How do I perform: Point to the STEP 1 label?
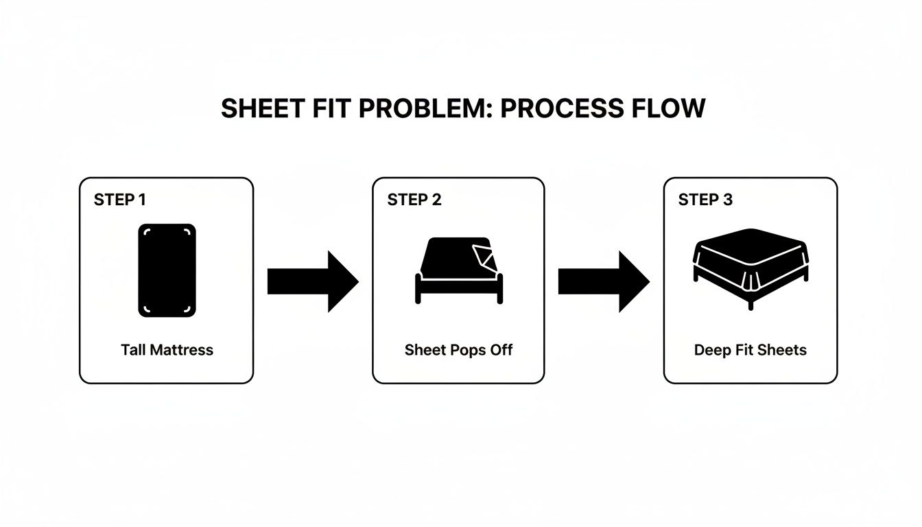(x=119, y=200)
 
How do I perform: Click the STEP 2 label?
(x=414, y=200)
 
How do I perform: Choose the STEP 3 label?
(x=705, y=200)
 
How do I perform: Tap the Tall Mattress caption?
(x=167, y=350)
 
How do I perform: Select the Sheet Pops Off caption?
(x=458, y=350)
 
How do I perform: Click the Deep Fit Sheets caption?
(x=750, y=350)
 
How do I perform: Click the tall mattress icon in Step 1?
(x=167, y=270)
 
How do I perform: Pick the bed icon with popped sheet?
(x=458, y=270)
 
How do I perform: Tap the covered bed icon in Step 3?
(x=750, y=270)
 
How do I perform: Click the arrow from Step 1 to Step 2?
(x=312, y=281)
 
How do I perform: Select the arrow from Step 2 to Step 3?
(x=604, y=281)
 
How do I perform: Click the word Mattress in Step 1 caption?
(x=181, y=350)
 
